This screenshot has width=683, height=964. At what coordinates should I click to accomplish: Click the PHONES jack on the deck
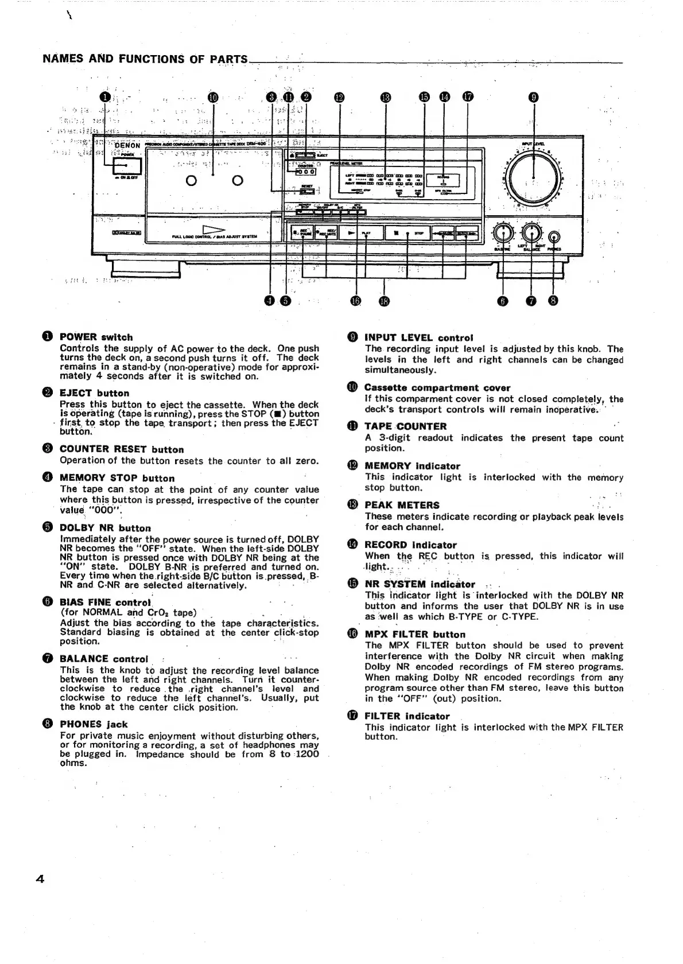(554, 237)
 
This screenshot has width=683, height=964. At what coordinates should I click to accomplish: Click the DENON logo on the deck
(127, 145)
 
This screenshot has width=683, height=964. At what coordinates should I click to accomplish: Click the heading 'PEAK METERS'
(402, 506)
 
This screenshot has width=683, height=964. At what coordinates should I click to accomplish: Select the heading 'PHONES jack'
(94, 724)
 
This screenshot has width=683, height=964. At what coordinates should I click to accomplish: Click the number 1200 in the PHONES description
(308, 754)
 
